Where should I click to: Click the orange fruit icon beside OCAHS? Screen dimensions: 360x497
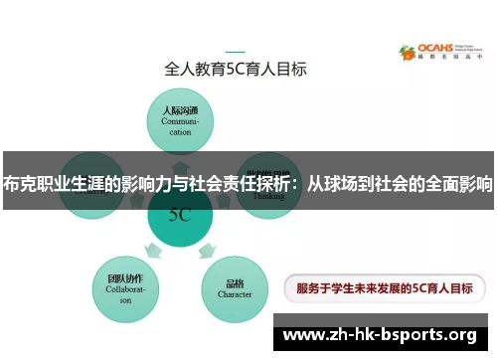pos(407,52)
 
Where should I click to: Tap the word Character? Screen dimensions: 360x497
pos(235,294)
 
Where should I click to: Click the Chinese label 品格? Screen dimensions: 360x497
pos(235,280)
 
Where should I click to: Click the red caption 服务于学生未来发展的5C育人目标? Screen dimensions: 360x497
pos(378,289)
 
